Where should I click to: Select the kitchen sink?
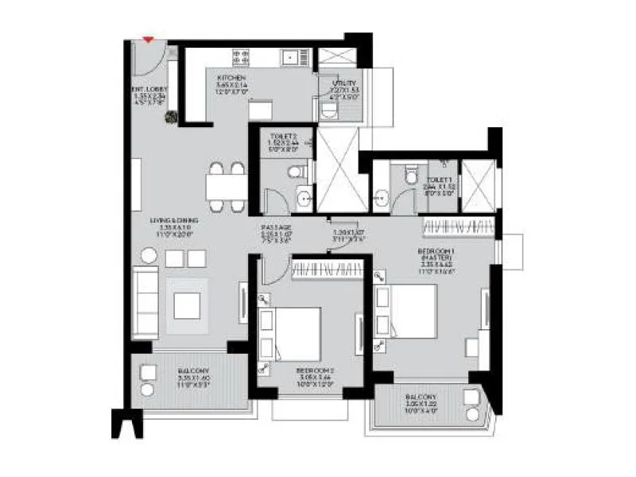[x=296, y=56]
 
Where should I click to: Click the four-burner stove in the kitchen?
[x=241, y=56]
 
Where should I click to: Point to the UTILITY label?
[x=344, y=83]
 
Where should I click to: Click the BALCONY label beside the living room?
[x=188, y=371]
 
